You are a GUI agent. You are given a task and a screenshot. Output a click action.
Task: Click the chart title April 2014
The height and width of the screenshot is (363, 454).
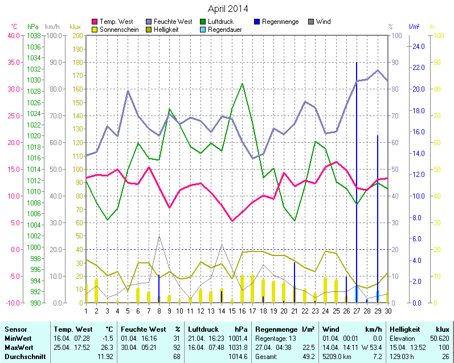[x=227, y=9]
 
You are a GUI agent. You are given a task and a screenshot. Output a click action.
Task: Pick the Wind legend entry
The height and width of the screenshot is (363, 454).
[x=322, y=22]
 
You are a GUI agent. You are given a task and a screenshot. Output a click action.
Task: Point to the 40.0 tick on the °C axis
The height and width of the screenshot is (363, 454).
[x=12, y=35]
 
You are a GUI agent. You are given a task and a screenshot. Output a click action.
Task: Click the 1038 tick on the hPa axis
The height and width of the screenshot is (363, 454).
[x=34, y=35]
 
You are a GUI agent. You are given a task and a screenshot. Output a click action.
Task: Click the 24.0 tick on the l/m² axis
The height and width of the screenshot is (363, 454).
[x=418, y=46]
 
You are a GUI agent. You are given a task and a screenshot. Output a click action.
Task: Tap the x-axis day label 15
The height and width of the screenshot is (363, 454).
[x=232, y=310]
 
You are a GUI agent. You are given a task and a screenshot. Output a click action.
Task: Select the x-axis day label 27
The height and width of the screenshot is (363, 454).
[x=357, y=310]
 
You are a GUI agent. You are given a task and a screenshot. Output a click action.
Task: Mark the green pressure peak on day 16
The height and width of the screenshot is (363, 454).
[x=243, y=84]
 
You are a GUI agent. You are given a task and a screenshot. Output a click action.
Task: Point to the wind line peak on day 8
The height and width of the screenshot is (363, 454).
[x=159, y=236]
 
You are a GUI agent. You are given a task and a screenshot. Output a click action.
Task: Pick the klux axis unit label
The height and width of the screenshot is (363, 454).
[x=75, y=27]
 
